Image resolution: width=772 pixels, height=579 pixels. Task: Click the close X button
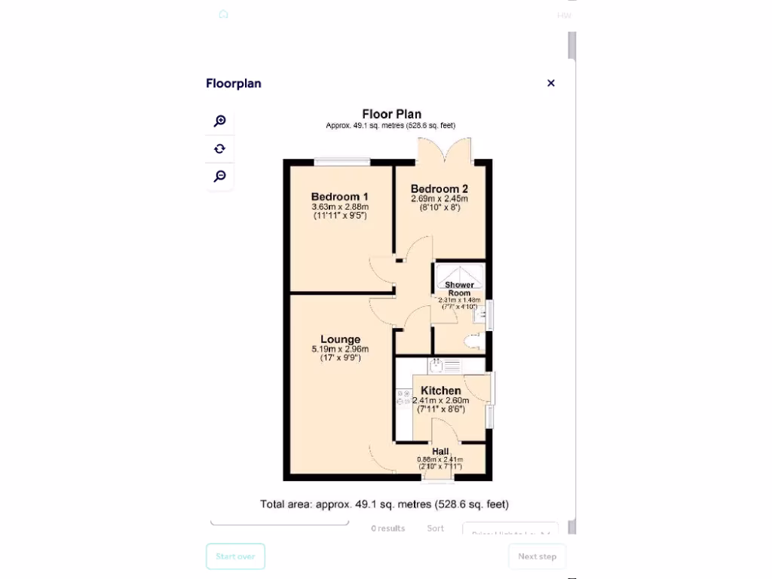(x=551, y=83)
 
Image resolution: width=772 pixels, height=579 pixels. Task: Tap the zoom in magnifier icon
(x=219, y=121)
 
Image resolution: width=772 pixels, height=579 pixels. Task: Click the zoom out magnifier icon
(x=219, y=176)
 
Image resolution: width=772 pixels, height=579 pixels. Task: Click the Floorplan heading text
(x=234, y=84)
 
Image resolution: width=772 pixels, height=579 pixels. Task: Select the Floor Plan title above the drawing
(x=391, y=115)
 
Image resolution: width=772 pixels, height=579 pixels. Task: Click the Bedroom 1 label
(x=339, y=197)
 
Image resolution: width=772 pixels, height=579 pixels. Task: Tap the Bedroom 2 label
(x=440, y=189)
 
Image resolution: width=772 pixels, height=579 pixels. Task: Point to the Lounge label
(x=340, y=339)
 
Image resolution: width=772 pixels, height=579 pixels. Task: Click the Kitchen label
(x=441, y=391)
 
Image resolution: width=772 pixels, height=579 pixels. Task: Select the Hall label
(x=440, y=452)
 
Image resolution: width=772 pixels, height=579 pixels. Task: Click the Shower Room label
(x=459, y=289)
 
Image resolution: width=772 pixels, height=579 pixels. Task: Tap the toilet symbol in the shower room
(x=474, y=343)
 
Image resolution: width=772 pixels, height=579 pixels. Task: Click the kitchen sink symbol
(x=445, y=366)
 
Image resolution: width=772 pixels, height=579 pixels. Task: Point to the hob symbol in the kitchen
(x=403, y=398)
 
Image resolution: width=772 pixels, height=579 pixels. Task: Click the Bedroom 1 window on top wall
(x=342, y=161)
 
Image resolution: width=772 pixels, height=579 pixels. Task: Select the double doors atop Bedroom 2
(x=445, y=151)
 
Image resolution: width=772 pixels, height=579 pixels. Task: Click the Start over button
(x=235, y=556)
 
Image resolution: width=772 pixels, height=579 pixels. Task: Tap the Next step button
(x=537, y=556)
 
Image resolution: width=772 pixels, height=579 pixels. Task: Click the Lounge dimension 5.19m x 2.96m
(x=340, y=349)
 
